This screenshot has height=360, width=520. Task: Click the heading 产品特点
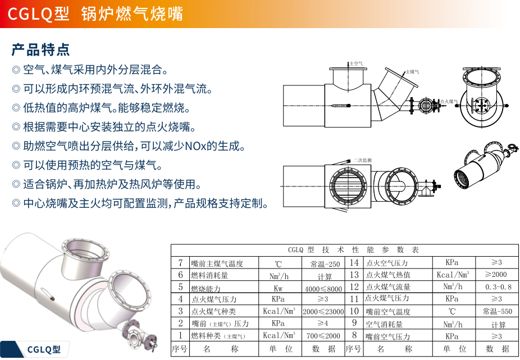(40, 49)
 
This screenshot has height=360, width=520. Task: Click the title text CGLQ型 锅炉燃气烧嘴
(95, 13)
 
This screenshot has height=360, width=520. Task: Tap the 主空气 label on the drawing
(356, 64)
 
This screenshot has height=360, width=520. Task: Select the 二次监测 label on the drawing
(362, 160)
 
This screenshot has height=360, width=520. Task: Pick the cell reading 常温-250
(325, 263)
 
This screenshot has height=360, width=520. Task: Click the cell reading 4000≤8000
(323, 288)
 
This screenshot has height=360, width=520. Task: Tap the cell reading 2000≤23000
(323, 312)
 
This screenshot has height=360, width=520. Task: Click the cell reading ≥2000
(496, 275)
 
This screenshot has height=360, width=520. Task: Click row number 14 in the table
(354, 263)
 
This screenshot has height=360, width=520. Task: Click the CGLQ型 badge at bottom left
(44, 349)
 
